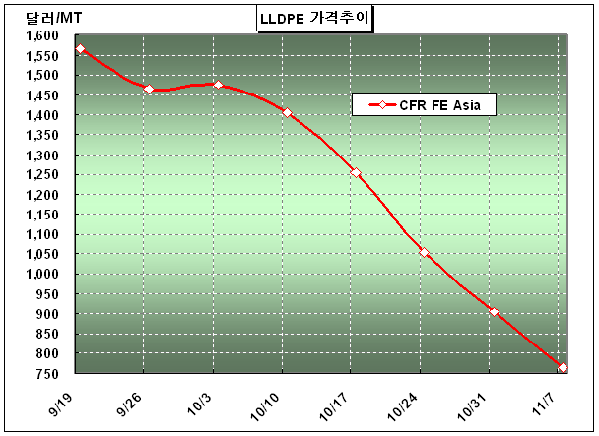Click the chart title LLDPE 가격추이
316,18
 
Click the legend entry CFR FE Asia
423,105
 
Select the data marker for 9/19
80,49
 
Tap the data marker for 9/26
149,90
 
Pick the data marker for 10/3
218,85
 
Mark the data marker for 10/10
287,113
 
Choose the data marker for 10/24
424,253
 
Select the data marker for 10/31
493,312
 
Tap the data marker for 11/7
562,367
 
